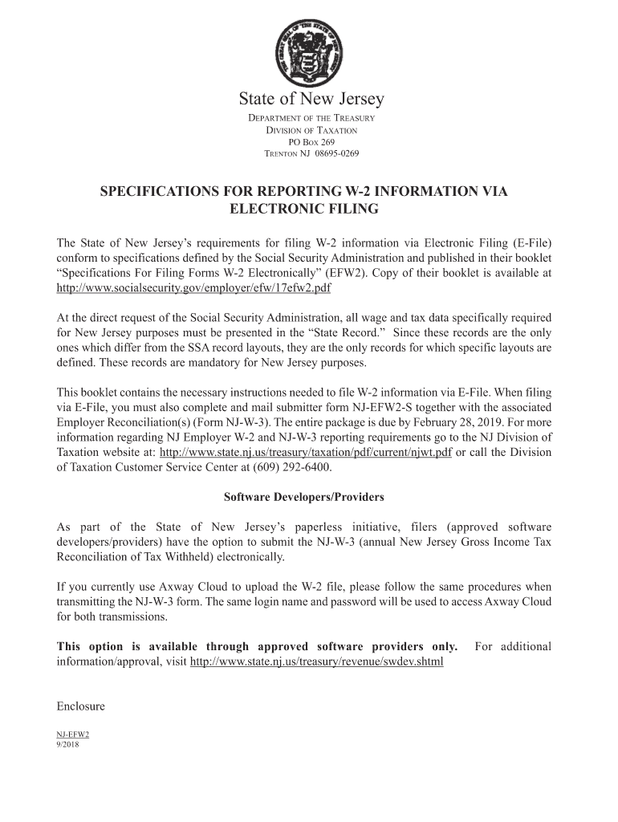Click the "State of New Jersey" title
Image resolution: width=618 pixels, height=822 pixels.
[x=311, y=100]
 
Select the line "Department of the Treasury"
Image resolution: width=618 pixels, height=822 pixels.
[x=311, y=119]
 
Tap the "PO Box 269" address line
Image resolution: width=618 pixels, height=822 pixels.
[x=311, y=142]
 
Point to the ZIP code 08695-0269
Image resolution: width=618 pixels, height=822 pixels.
[x=336, y=154]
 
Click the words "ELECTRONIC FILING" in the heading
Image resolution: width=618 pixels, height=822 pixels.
[x=303, y=210]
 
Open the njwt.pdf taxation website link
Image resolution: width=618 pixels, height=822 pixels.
[x=306, y=453]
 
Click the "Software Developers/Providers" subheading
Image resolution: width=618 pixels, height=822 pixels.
[x=303, y=498]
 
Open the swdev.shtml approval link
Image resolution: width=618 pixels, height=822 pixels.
[x=316, y=663]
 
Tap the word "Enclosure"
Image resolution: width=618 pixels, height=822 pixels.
[x=81, y=706]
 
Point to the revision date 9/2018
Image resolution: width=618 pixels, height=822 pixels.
[x=67, y=743]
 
